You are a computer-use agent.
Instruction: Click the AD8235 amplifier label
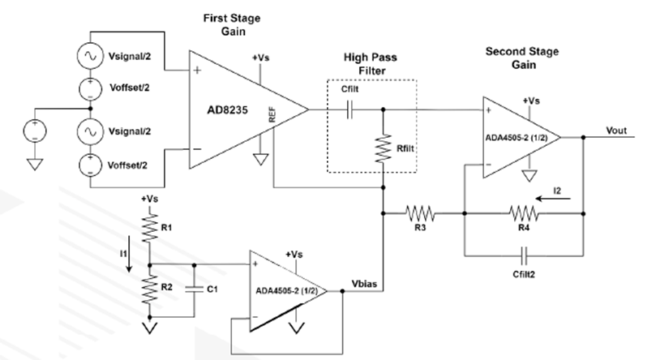pyautogui.click(x=228, y=110)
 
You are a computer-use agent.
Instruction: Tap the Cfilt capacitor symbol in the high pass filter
pyautogui.click(x=349, y=109)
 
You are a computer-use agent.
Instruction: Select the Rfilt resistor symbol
pyautogui.click(x=384, y=148)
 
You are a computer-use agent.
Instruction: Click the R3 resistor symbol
pyautogui.click(x=420, y=213)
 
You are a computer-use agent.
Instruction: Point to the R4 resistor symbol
pyautogui.click(x=524, y=213)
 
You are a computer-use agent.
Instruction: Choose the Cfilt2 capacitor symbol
pyautogui.click(x=524, y=255)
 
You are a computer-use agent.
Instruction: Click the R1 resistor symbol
pyautogui.click(x=149, y=228)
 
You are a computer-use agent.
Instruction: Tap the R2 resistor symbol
pyautogui.click(x=149, y=289)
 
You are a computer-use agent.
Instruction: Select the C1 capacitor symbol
pyautogui.click(x=194, y=289)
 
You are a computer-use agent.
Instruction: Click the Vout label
pyautogui.click(x=616, y=131)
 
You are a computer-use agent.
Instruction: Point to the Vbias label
pyautogui.click(x=364, y=284)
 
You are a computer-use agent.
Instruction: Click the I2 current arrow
pyautogui.click(x=553, y=198)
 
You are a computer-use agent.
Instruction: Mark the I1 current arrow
pyautogui.click(x=129, y=254)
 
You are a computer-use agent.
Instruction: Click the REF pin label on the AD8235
pyautogui.click(x=272, y=114)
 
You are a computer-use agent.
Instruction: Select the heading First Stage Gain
pyautogui.click(x=232, y=24)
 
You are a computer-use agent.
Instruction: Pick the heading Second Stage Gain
pyautogui.click(x=522, y=58)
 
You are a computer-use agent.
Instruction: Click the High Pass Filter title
pyautogui.click(x=371, y=63)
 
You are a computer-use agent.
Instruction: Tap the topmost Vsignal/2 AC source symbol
pyautogui.click(x=90, y=56)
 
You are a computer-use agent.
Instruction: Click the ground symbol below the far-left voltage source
pyautogui.click(x=35, y=164)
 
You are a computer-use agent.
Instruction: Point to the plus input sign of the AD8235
pyautogui.click(x=197, y=70)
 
